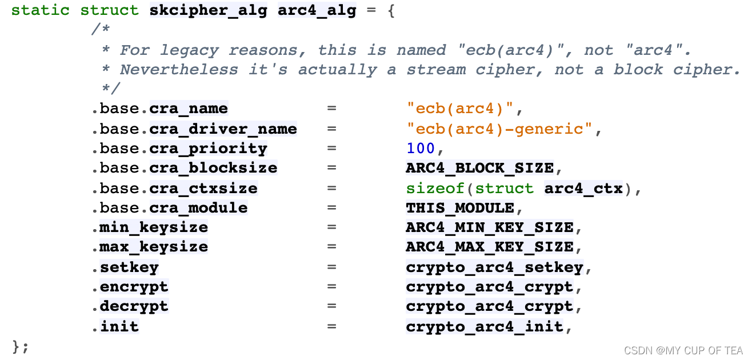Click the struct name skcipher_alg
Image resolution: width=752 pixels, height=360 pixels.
[208, 11]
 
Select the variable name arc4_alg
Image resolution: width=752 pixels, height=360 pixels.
[317, 11]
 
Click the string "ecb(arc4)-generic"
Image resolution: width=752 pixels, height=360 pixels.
[500, 129]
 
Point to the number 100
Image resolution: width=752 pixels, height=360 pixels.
[421, 149]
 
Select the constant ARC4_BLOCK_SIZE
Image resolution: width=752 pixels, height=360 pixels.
[479, 168]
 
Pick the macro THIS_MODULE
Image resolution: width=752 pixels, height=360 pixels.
[460, 208]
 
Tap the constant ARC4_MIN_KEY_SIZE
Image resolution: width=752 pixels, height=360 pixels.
[490, 227]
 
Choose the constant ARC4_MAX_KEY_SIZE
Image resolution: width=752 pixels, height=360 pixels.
[490, 247]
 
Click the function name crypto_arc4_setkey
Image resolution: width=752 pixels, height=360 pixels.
[495, 267]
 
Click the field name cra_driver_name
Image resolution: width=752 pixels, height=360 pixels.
[223, 129]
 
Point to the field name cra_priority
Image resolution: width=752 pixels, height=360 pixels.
[208, 149]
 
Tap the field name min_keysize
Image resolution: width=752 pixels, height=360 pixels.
[153, 227]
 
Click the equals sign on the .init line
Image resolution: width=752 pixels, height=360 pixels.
[331, 326]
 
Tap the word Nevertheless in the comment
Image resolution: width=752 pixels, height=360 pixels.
[179, 70]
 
